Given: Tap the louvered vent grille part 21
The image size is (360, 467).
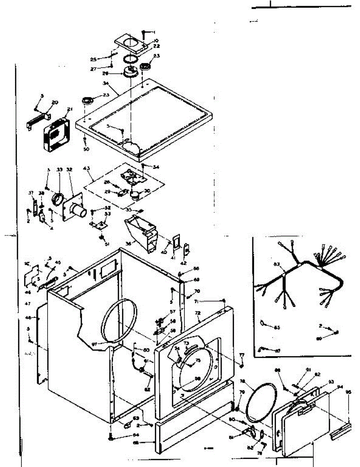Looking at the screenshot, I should pos(56,133).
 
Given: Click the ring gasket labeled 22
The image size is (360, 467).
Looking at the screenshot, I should pos(131,59).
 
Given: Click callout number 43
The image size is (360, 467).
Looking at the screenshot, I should pos(86,169).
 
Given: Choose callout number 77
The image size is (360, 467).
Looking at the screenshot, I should pos(242,355).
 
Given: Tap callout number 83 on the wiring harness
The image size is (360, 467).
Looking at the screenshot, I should pos(277,265).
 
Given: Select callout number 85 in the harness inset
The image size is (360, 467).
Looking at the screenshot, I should pos(277,327).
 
